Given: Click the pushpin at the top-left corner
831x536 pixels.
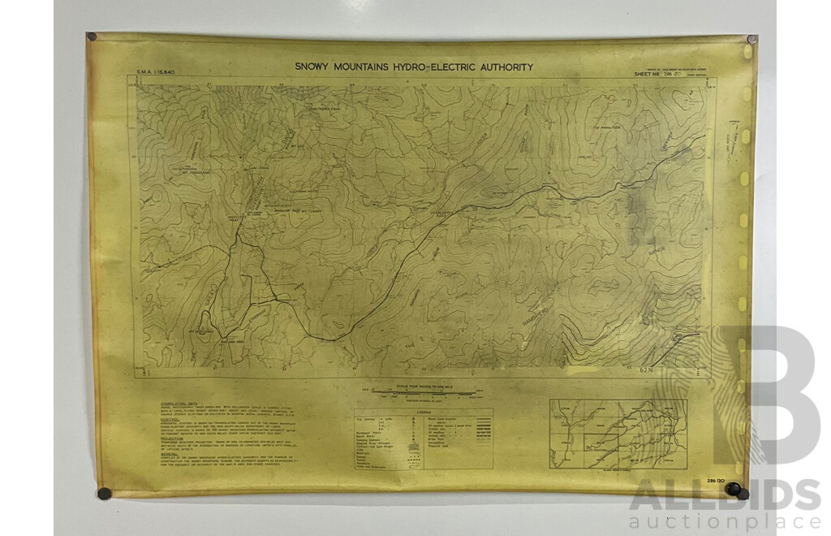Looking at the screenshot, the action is coord(92,37).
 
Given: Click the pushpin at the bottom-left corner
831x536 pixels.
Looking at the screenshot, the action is coord(103,492).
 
